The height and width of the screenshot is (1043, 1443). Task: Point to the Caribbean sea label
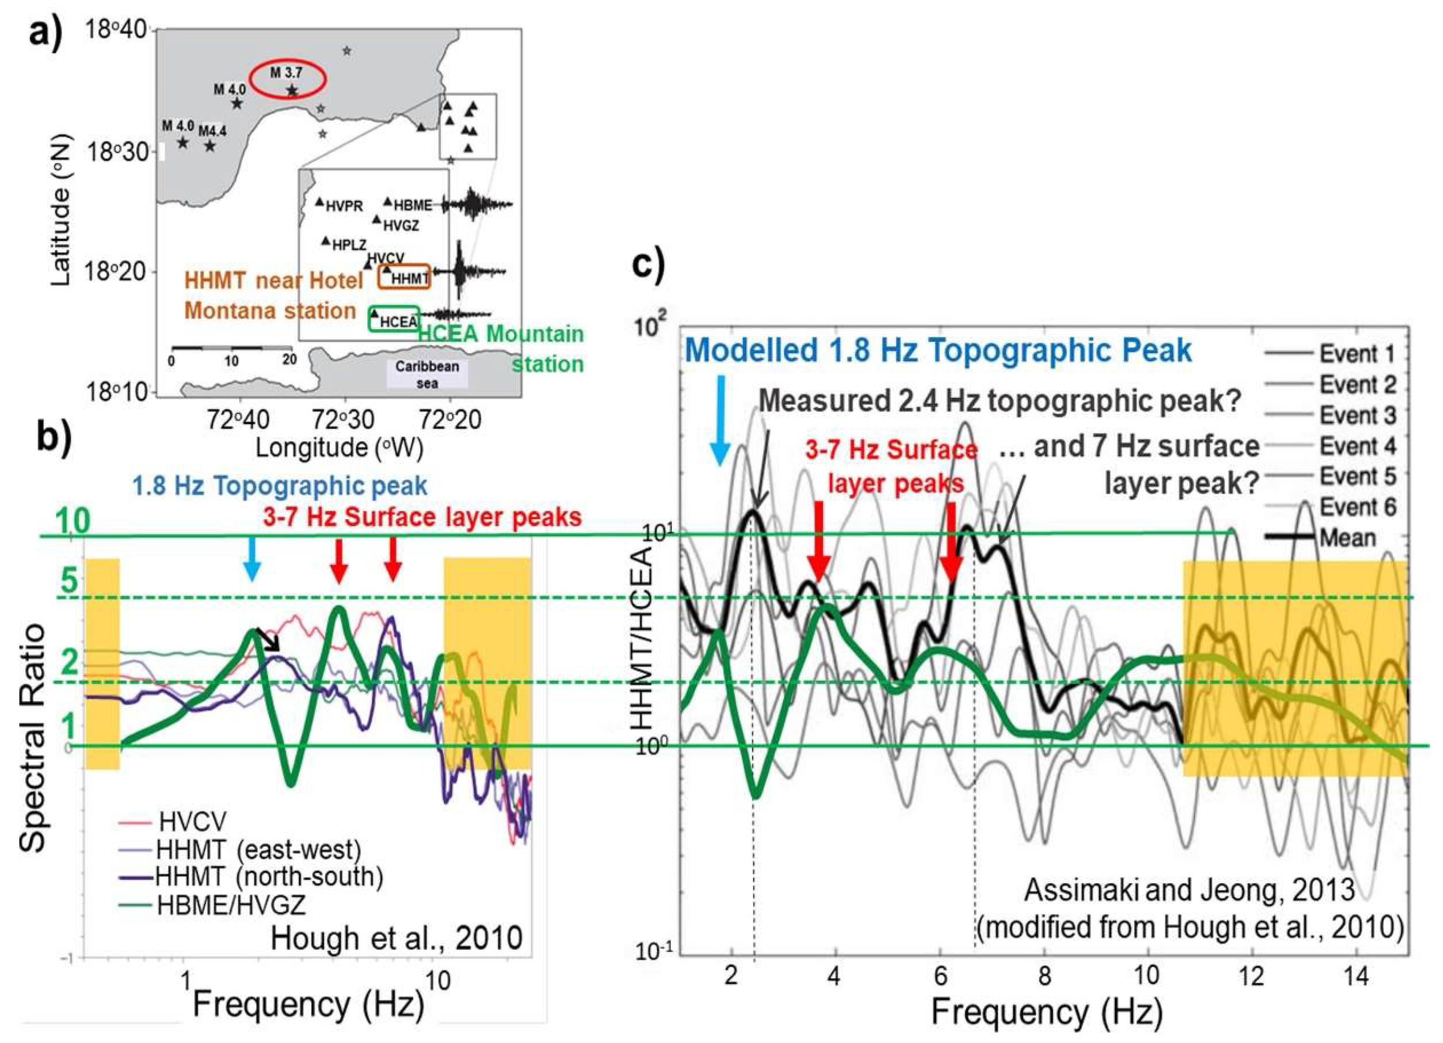(427, 374)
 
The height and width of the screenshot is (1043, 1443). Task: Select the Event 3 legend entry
(1358, 415)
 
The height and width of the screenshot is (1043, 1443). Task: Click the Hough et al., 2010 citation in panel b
(396, 938)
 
